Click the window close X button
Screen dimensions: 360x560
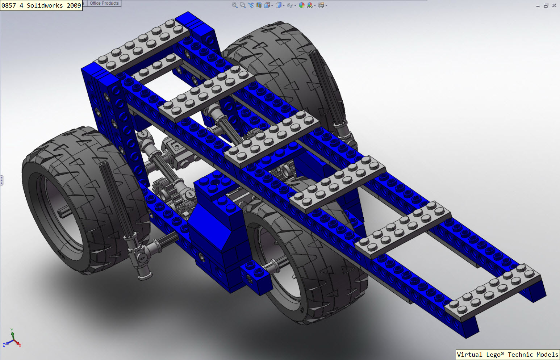pyautogui.click(x=554, y=5)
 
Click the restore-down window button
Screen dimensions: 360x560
pyautogui.click(x=546, y=5)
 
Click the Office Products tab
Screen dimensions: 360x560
pyautogui.click(x=104, y=3)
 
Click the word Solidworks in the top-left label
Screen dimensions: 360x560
pyautogui.click(x=45, y=5)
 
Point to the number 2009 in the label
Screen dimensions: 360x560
pyautogui.click(x=74, y=5)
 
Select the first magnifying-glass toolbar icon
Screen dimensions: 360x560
pyautogui.click(x=234, y=5)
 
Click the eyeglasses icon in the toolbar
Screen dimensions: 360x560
pyautogui.click(x=290, y=5)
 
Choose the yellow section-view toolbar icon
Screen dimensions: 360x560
pyautogui.click(x=259, y=5)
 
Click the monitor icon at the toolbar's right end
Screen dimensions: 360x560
pyautogui.click(x=321, y=5)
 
